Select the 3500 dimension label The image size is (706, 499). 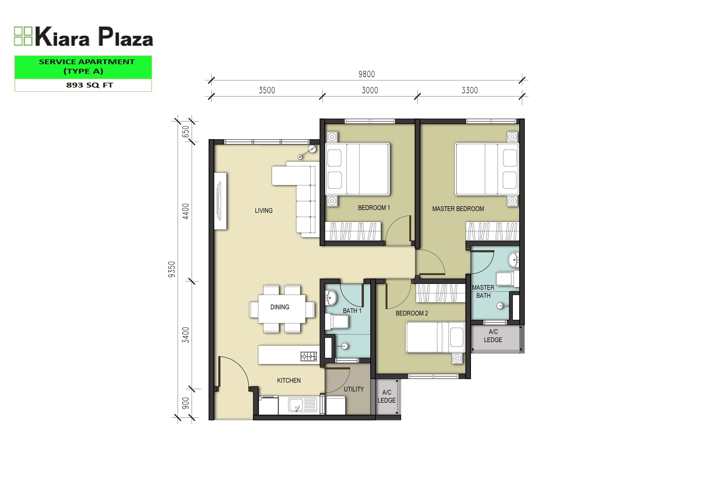pyautogui.click(x=267, y=90)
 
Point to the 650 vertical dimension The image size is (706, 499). pyautogui.click(x=186, y=132)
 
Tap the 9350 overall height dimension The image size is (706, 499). pyautogui.click(x=172, y=269)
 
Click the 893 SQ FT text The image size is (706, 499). pyautogui.click(x=90, y=85)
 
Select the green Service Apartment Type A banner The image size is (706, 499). pyautogui.click(x=83, y=67)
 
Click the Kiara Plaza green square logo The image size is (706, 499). pyautogui.click(x=23, y=36)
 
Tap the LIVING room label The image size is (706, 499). pyautogui.click(x=263, y=211)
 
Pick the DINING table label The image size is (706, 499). pyautogui.click(x=280, y=307)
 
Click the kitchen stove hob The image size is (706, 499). pyautogui.click(x=309, y=356)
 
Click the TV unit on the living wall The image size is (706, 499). pyautogui.click(x=220, y=201)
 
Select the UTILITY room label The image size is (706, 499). pyautogui.click(x=354, y=389)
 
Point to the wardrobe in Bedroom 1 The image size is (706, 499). pyautogui.click(x=353, y=231)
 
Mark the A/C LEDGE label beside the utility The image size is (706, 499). pyautogui.click(x=387, y=396)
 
